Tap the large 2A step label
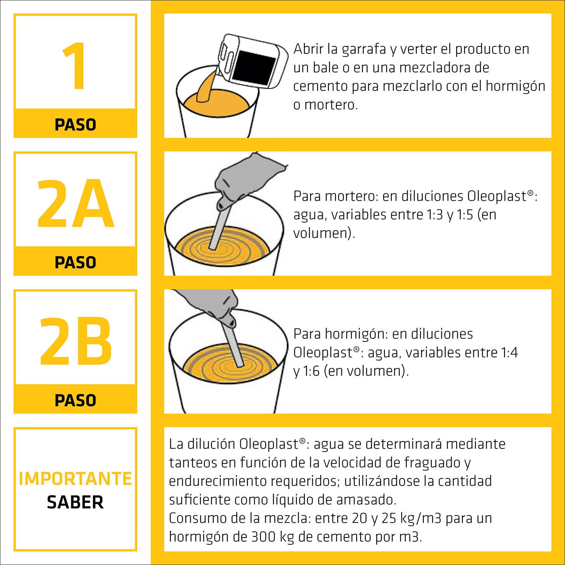[x=75, y=205]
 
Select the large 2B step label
[x=75, y=342]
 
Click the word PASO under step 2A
[x=75, y=263]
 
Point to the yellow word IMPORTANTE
[x=75, y=479]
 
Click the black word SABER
[x=75, y=502]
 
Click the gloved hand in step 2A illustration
[x=241, y=181]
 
